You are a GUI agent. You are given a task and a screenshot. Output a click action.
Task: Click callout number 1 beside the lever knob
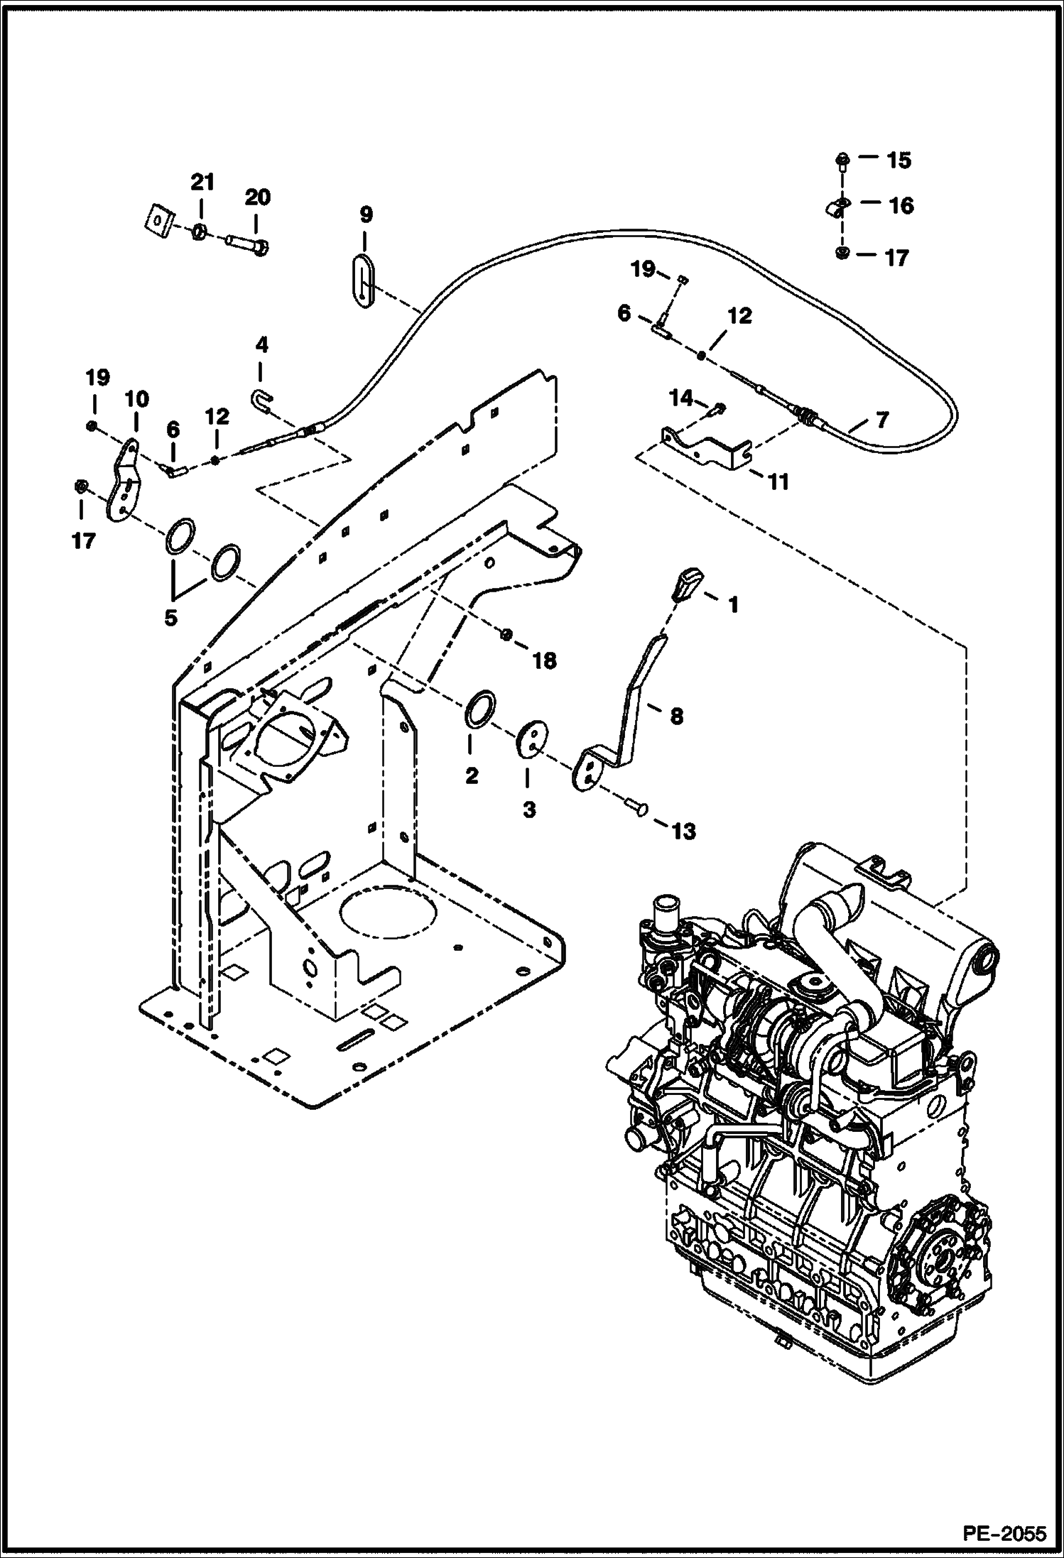(733, 605)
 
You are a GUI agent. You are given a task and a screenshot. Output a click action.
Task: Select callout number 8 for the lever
(676, 716)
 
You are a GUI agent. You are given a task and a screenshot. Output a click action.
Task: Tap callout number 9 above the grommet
(365, 214)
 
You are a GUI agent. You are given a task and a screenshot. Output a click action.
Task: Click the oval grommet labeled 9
(362, 281)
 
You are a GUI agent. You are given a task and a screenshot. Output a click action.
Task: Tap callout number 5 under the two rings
(170, 617)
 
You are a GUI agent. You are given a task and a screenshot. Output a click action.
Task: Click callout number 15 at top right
(899, 160)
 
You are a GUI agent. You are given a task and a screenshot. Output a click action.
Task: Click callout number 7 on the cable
(881, 420)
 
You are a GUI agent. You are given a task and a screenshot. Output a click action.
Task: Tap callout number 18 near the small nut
(545, 660)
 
